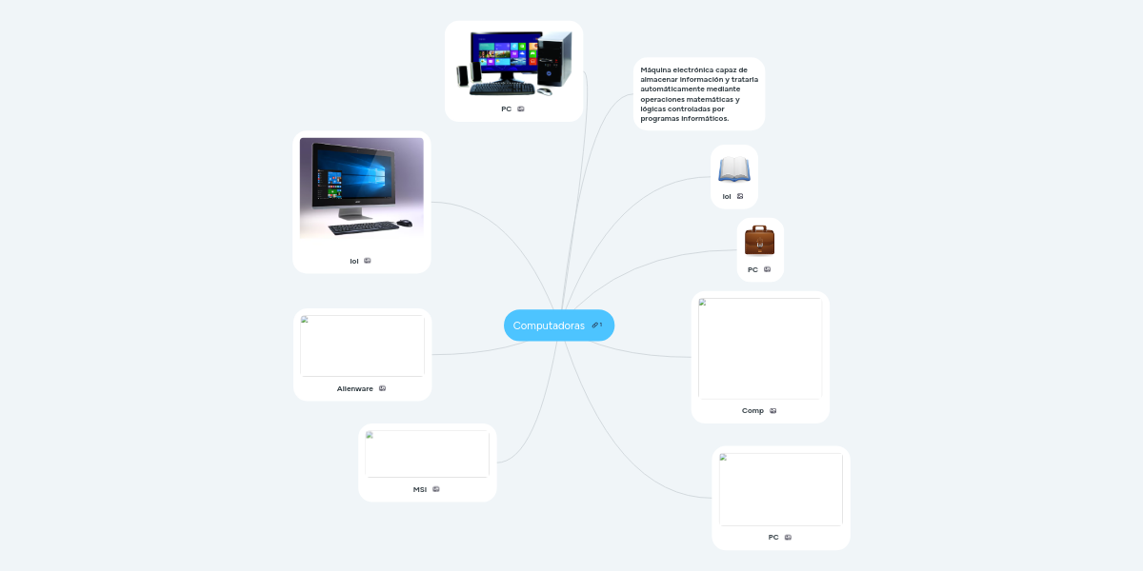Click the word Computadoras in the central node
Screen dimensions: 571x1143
point(549,325)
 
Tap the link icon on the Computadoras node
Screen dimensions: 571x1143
point(595,325)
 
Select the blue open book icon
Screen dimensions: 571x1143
point(734,169)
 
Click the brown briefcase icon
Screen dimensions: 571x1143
point(759,241)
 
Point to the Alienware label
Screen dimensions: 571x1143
point(354,388)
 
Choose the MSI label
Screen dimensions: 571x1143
point(420,489)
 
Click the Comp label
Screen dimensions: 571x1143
point(752,411)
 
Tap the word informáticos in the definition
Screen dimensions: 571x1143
point(706,119)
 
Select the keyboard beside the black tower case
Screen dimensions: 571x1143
point(501,89)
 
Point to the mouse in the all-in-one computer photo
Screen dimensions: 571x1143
point(405,223)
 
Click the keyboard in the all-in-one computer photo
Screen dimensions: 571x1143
point(363,227)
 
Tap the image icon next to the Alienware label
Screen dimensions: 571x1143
point(382,388)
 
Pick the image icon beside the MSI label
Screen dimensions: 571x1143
point(436,489)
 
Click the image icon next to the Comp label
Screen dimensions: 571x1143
point(773,411)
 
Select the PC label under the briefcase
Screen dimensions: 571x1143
point(752,269)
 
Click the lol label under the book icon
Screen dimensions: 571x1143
point(727,196)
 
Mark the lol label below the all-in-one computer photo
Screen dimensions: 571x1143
point(354,261)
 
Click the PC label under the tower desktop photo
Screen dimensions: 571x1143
point(507,108)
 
